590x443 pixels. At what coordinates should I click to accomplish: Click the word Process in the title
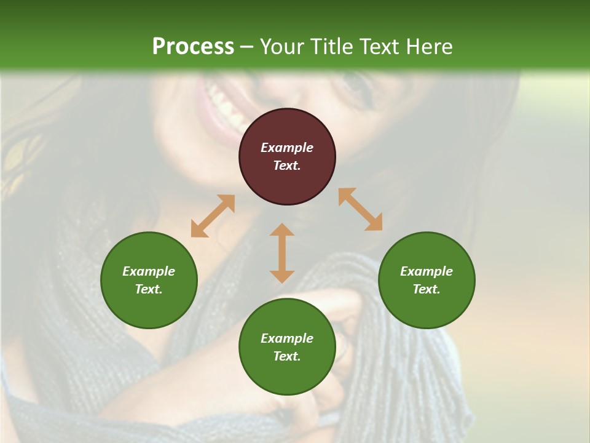coord(193,47)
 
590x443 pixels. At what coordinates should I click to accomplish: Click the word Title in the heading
coord(332,47)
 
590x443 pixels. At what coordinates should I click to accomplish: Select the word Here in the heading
coord(428,47)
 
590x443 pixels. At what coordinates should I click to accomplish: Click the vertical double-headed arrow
coord(282,253)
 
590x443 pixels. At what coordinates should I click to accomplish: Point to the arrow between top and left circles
coord(213,216)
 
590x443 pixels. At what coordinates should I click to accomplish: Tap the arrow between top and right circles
coord(360,209)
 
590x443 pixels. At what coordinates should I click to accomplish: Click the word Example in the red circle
coord(287,148)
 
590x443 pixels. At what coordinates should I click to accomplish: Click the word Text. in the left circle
coord(149,289)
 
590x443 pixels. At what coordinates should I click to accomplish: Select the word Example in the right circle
coord(427,271)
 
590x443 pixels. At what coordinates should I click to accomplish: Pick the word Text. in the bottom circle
coord(287,356)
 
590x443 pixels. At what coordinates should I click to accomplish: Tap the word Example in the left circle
coord(149,271)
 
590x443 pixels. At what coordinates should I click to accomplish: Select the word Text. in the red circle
coord(287,166)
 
